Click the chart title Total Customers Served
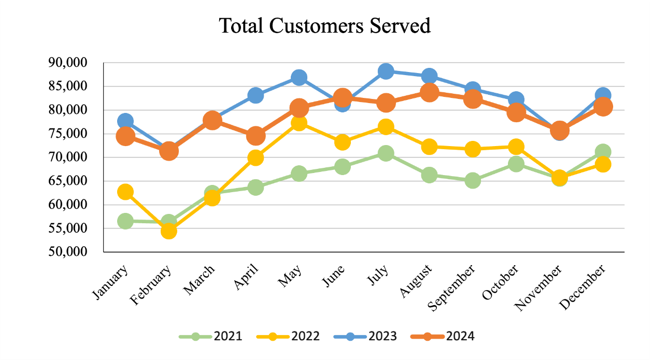[325, 25]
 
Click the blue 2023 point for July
[386, 71]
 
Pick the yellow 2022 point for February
[168, 231]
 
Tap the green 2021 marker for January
[125, 221]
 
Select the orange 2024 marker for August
[429, 93]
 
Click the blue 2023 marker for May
[299, 78]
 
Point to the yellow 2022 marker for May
[299, 123]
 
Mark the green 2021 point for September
[473, 181]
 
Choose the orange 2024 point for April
[256, 136]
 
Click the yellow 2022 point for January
[125, 192]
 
